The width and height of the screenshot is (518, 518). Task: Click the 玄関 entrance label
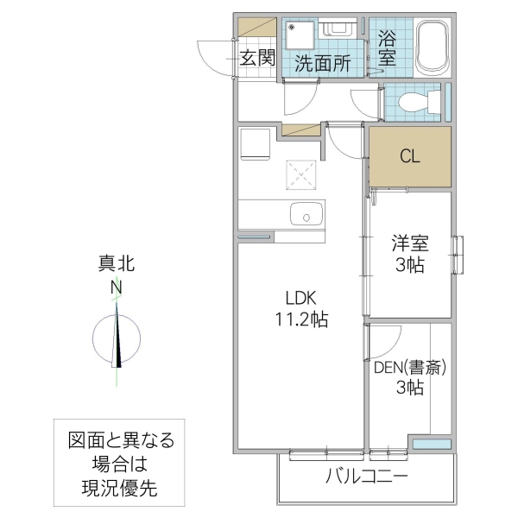coord(257,59)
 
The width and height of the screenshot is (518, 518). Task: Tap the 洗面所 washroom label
coord(322,62)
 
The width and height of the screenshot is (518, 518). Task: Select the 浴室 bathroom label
coord(387,48)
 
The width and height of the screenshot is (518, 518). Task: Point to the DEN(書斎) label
coord(410,368)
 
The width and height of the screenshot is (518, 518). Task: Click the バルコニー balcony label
coord(366,477)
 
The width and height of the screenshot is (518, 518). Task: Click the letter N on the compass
coord(116,288)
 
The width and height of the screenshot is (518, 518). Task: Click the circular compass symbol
coord(117,337)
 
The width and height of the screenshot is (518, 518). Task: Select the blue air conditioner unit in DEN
coord(430,444)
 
